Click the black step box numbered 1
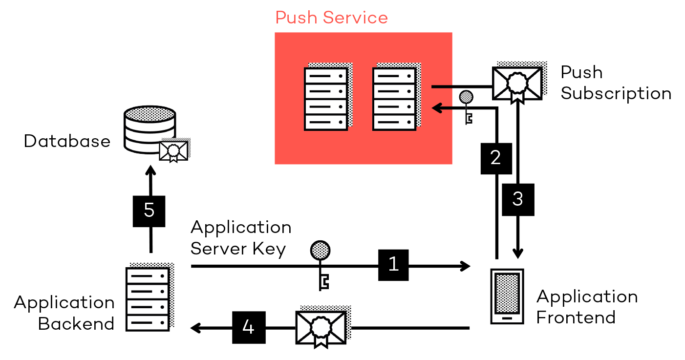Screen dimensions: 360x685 [393, 265]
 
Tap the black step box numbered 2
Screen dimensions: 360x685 [496, 158]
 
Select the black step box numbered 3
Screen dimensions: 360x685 [518, 199]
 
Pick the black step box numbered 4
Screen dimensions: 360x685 [249, 327]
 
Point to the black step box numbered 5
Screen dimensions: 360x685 [150, 211]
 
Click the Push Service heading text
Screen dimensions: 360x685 [331, 18]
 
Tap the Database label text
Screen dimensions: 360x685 [67, 142]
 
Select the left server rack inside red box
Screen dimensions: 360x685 [326, 99]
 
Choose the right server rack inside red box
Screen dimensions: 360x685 [394, 99]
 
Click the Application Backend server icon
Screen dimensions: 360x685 [148, 299]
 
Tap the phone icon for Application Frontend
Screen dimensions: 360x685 [507, 296]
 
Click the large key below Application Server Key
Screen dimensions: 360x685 [320, 264]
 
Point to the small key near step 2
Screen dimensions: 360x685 [467, 105]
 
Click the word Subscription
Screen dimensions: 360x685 [616, 93]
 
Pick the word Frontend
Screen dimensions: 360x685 [576, 318]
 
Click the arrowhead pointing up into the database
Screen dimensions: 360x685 [150, 171]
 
